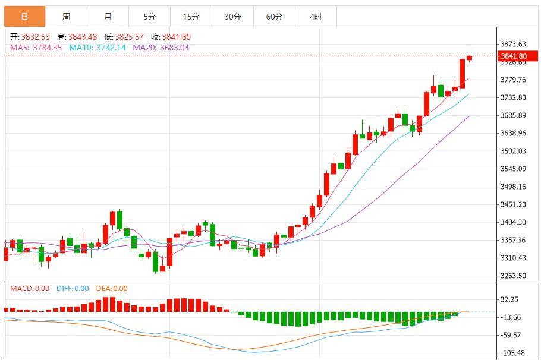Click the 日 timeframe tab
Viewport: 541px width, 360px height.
tap(24, 17)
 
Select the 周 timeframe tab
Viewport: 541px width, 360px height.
tap(66, 17)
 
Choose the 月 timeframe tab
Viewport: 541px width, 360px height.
tap(108, 17)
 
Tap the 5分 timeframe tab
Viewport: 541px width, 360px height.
tap(149, 17)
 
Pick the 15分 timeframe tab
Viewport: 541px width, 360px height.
tap(191, 17)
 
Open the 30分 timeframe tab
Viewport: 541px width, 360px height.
tap(232, 17)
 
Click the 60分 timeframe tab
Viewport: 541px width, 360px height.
tap(274, 17)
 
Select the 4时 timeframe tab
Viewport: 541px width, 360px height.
tap(316, 17)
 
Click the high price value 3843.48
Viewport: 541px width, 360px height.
tap(83, 37)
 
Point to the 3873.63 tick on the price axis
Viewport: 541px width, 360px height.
tap(513, 44)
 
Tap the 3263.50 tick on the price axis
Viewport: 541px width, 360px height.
tap(513, 276)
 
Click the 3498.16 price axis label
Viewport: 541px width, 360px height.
tap(513, 187)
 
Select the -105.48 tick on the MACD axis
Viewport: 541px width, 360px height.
tap(513, 353)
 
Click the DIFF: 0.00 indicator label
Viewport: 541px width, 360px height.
tap(73, 289)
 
